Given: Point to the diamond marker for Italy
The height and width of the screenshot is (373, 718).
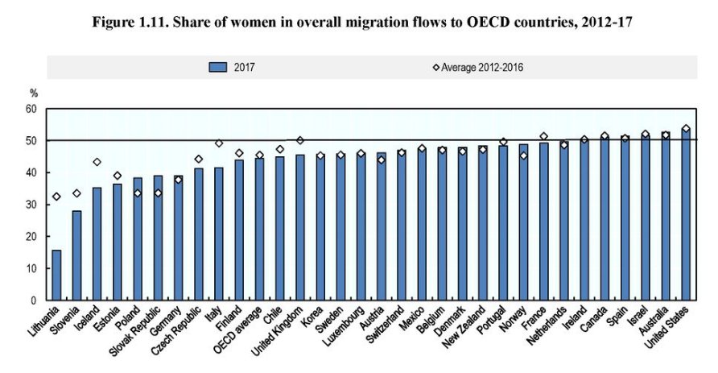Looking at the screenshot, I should tap(218, 143).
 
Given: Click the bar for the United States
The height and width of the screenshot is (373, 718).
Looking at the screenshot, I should tap(686, 214).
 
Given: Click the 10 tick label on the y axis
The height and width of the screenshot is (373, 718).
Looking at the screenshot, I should tap(32, 268).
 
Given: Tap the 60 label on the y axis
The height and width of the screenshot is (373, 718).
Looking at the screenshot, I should tap(32, 109).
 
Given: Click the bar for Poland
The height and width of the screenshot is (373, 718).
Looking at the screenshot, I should tap(138, 238).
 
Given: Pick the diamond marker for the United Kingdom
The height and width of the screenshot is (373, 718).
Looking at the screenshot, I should tap(300, 140).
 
